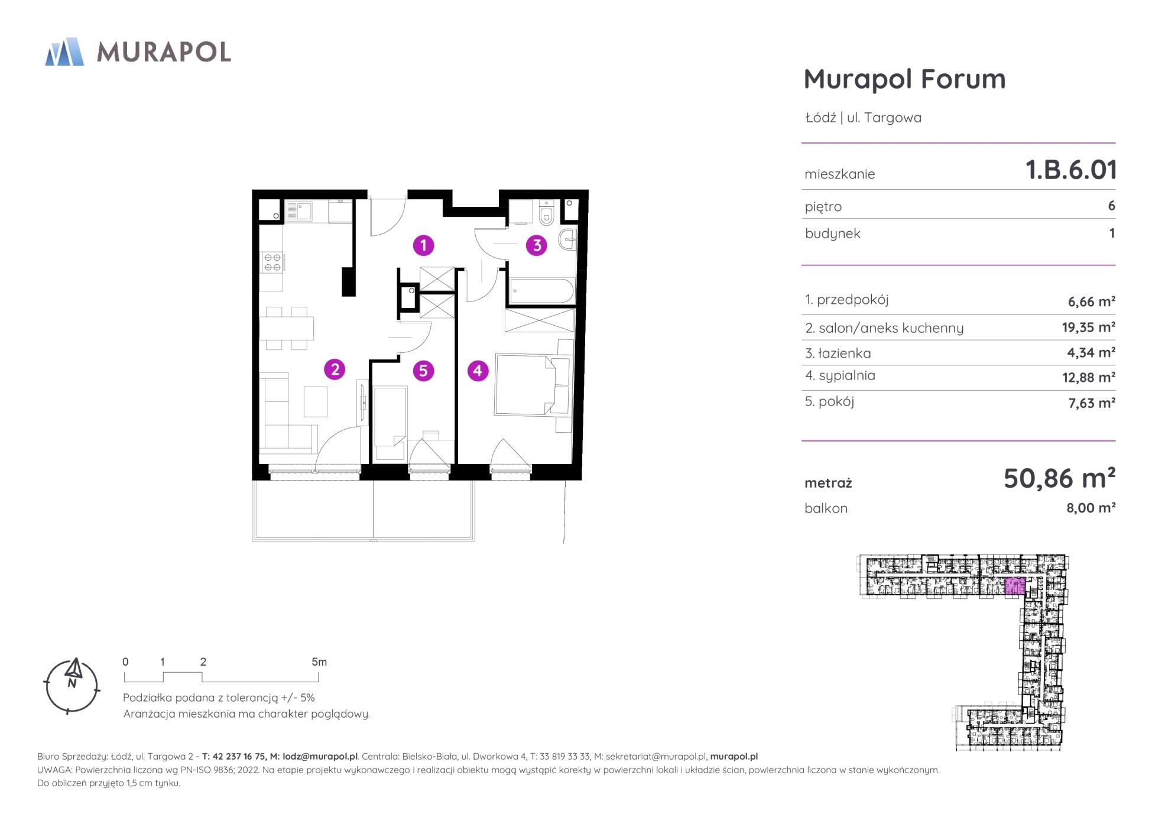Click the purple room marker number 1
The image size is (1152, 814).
pyautogui.click(x=423, y=245)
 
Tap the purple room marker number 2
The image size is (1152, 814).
pyautogui.click(x=335, y=370)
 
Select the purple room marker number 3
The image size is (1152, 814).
pyautogui.click(x=537, y=245)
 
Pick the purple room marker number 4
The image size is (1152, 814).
pyautogui.click(x=478, y=371)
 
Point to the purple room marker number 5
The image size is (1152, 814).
pyautogui.click(x=423, y=371)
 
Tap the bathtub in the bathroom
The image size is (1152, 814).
pyautogui.click(x=541, y=291)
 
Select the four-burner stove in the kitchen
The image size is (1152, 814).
pyautogui.click(x=272, y=262)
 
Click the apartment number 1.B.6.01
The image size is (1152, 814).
pyautogui.click(x=1070, y=170)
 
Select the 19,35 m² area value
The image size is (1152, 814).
pyautogui.click(x=1088, y=327)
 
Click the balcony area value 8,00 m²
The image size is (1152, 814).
pyautogui.click(x=1091, y=508)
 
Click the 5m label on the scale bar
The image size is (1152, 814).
pyautogui.click(x=319, y=662)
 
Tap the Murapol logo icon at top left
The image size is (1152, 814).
pyautogui.click(x=64, y=51)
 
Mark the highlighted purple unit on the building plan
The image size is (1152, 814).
pyautogui.click(x=1015, y=586)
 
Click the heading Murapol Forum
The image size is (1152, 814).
pyautogui.click(x=904, y=79)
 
